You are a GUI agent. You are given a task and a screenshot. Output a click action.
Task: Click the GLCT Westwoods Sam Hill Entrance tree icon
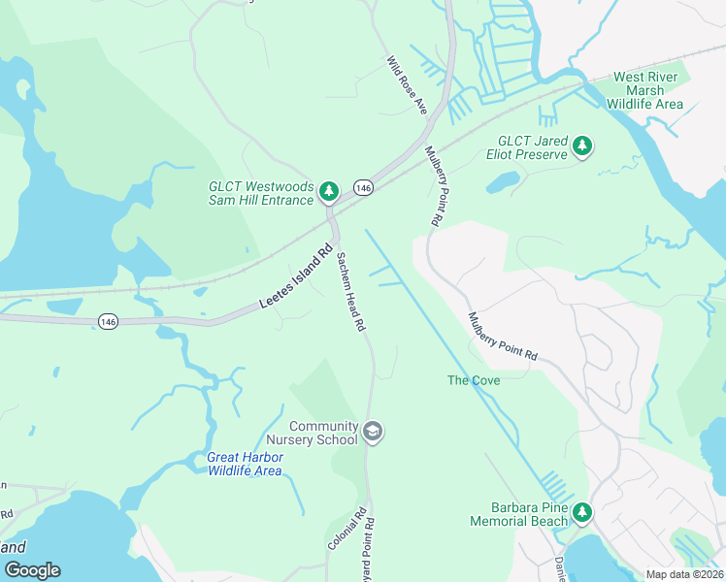point(329,192)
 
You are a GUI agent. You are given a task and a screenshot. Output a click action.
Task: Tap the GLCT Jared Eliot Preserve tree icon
point(581,146)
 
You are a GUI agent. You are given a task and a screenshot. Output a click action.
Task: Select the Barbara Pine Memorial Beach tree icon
point(581,512)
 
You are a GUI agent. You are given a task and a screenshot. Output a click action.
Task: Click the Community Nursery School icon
point(372,432)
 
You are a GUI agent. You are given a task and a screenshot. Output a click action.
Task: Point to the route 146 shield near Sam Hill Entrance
point(363,187)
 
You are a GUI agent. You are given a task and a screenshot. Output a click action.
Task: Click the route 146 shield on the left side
point(108,321)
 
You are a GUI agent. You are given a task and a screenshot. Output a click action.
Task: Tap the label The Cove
point(474,380)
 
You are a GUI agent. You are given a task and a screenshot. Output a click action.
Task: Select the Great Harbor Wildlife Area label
point(245,464)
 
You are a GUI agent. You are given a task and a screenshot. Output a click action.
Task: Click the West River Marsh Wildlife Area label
point(648,90)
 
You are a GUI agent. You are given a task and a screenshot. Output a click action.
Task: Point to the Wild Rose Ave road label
point(408,85)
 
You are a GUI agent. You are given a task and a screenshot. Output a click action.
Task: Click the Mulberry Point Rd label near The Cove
point(503,337)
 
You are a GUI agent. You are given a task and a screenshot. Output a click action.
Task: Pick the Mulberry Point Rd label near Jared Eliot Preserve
point(432,187)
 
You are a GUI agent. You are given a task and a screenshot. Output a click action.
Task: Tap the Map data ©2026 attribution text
point(683,574)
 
